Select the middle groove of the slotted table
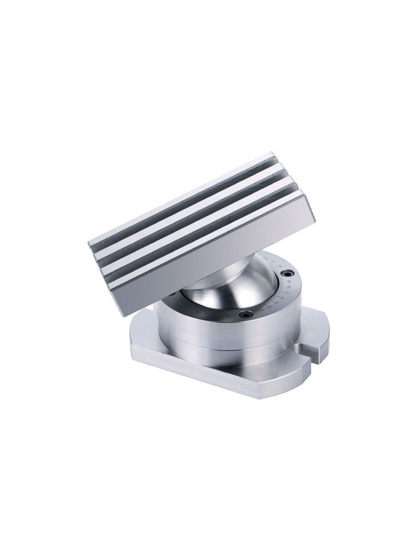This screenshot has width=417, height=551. [192, 219]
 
